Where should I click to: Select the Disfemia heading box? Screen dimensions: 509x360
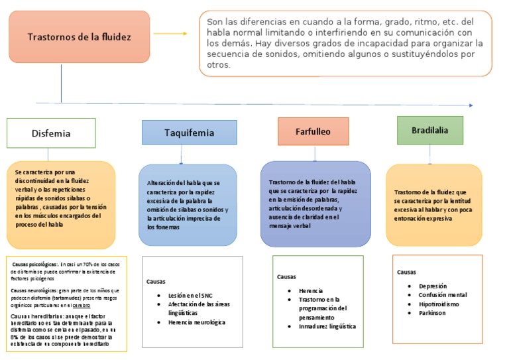coord(51,133)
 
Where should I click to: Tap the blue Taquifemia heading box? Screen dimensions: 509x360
coord(190,133)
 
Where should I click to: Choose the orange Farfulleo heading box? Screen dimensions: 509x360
coord(313,131)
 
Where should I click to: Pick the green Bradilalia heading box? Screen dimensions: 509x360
coord(430,130)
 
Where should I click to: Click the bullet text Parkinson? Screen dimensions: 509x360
coord(432,313)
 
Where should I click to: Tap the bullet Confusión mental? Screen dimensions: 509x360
coord(443,295)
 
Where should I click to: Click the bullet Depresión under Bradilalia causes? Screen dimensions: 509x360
coord(433,286)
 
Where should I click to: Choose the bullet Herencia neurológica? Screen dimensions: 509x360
coord(197,322)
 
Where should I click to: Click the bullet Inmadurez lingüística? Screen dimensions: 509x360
coord(327,326)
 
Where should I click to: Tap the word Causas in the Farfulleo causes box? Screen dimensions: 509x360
coord(286,276)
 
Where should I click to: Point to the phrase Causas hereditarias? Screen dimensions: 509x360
coord(33,316)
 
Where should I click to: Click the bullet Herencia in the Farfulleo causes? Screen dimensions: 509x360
coord(311,290)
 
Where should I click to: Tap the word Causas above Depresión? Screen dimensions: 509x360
coord(406,272)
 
